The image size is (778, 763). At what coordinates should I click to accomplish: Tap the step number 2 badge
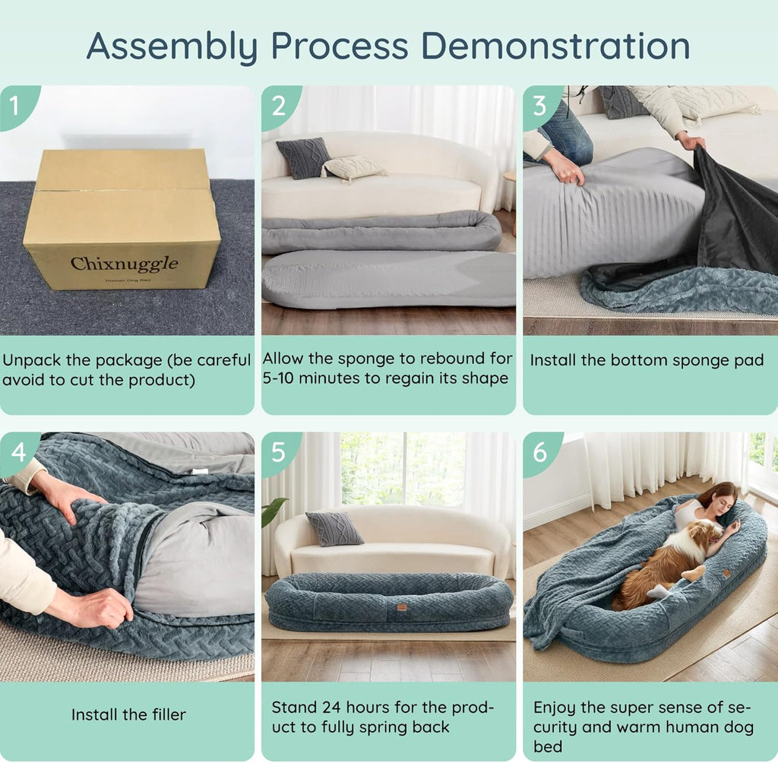(278, 104)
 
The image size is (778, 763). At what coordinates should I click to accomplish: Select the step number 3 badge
(539, 104)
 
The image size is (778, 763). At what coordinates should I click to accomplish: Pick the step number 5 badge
(278, 451)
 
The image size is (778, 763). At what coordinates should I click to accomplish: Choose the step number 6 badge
(539, 451)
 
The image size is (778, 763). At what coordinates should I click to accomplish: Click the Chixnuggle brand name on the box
(124, 264)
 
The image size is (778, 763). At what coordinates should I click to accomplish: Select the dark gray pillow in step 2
(303, 157)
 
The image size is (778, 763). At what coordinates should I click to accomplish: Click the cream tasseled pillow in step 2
(354, 168)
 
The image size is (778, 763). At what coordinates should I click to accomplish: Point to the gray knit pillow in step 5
(334, 528)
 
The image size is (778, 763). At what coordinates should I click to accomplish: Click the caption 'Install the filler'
(128, 714)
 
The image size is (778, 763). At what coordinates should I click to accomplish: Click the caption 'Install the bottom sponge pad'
(647, 360)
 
